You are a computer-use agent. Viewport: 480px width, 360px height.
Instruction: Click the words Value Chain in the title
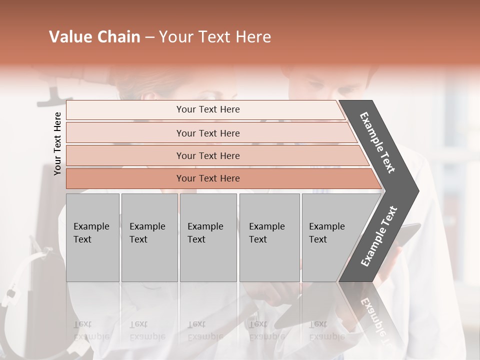click(94, 37)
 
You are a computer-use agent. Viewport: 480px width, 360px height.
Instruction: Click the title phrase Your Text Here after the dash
click(215, 37)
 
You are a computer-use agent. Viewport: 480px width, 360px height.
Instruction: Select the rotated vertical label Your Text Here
click(57, 143)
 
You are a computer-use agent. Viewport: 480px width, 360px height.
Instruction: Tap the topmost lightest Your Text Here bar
click(208, 109)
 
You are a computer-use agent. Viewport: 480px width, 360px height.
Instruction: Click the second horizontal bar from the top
click(208, 133)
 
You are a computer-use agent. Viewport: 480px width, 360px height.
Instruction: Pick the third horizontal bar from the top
click(208, 156)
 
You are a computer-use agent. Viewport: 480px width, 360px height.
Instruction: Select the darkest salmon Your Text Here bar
click(208, 178)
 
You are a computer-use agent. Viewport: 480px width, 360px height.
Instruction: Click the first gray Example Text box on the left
click(92, 237)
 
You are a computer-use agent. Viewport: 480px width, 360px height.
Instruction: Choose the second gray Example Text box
click(149, 237)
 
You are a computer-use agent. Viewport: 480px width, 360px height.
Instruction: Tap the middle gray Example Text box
click(208, 237)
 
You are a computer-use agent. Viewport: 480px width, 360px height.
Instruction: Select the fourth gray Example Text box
click(269, 237)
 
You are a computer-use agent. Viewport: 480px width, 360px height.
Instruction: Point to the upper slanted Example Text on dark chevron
click(377, 143)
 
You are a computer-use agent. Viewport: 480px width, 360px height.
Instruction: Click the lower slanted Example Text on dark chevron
click(378, 236)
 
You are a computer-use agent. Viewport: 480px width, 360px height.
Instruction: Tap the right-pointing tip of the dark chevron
click(415, 191)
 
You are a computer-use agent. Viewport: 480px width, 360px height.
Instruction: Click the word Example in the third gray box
click(205, 226)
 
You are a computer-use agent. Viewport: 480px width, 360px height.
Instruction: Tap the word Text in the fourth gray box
click(258, 239)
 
